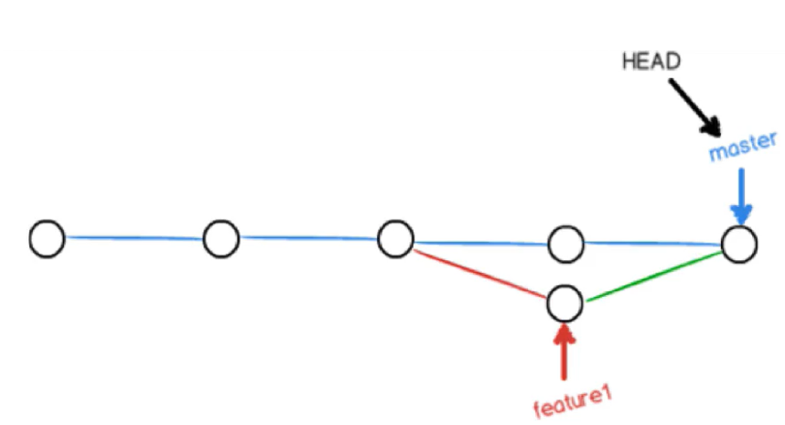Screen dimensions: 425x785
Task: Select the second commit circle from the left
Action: pyautogui.click(x=220, y=239)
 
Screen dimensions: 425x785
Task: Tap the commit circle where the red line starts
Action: pyautogui.click(x=395, y=240)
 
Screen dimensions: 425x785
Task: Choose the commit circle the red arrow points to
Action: pyautogui.click(x=565, y=302)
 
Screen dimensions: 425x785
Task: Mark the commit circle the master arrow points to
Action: pyautogui.click(x=738, y=245)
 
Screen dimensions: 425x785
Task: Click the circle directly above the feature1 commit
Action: pyautogui.click(x=565, y=244)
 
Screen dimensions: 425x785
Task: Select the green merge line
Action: pyautogui.click(x=652, y=275)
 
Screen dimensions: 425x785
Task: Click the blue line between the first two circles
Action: pyautogui.click(x=134, y=238)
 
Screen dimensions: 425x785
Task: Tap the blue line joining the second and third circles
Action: pyautogui.click(x=308, y=239)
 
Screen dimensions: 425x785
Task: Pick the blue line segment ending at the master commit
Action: pyautogui.click(x=651, y=244)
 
